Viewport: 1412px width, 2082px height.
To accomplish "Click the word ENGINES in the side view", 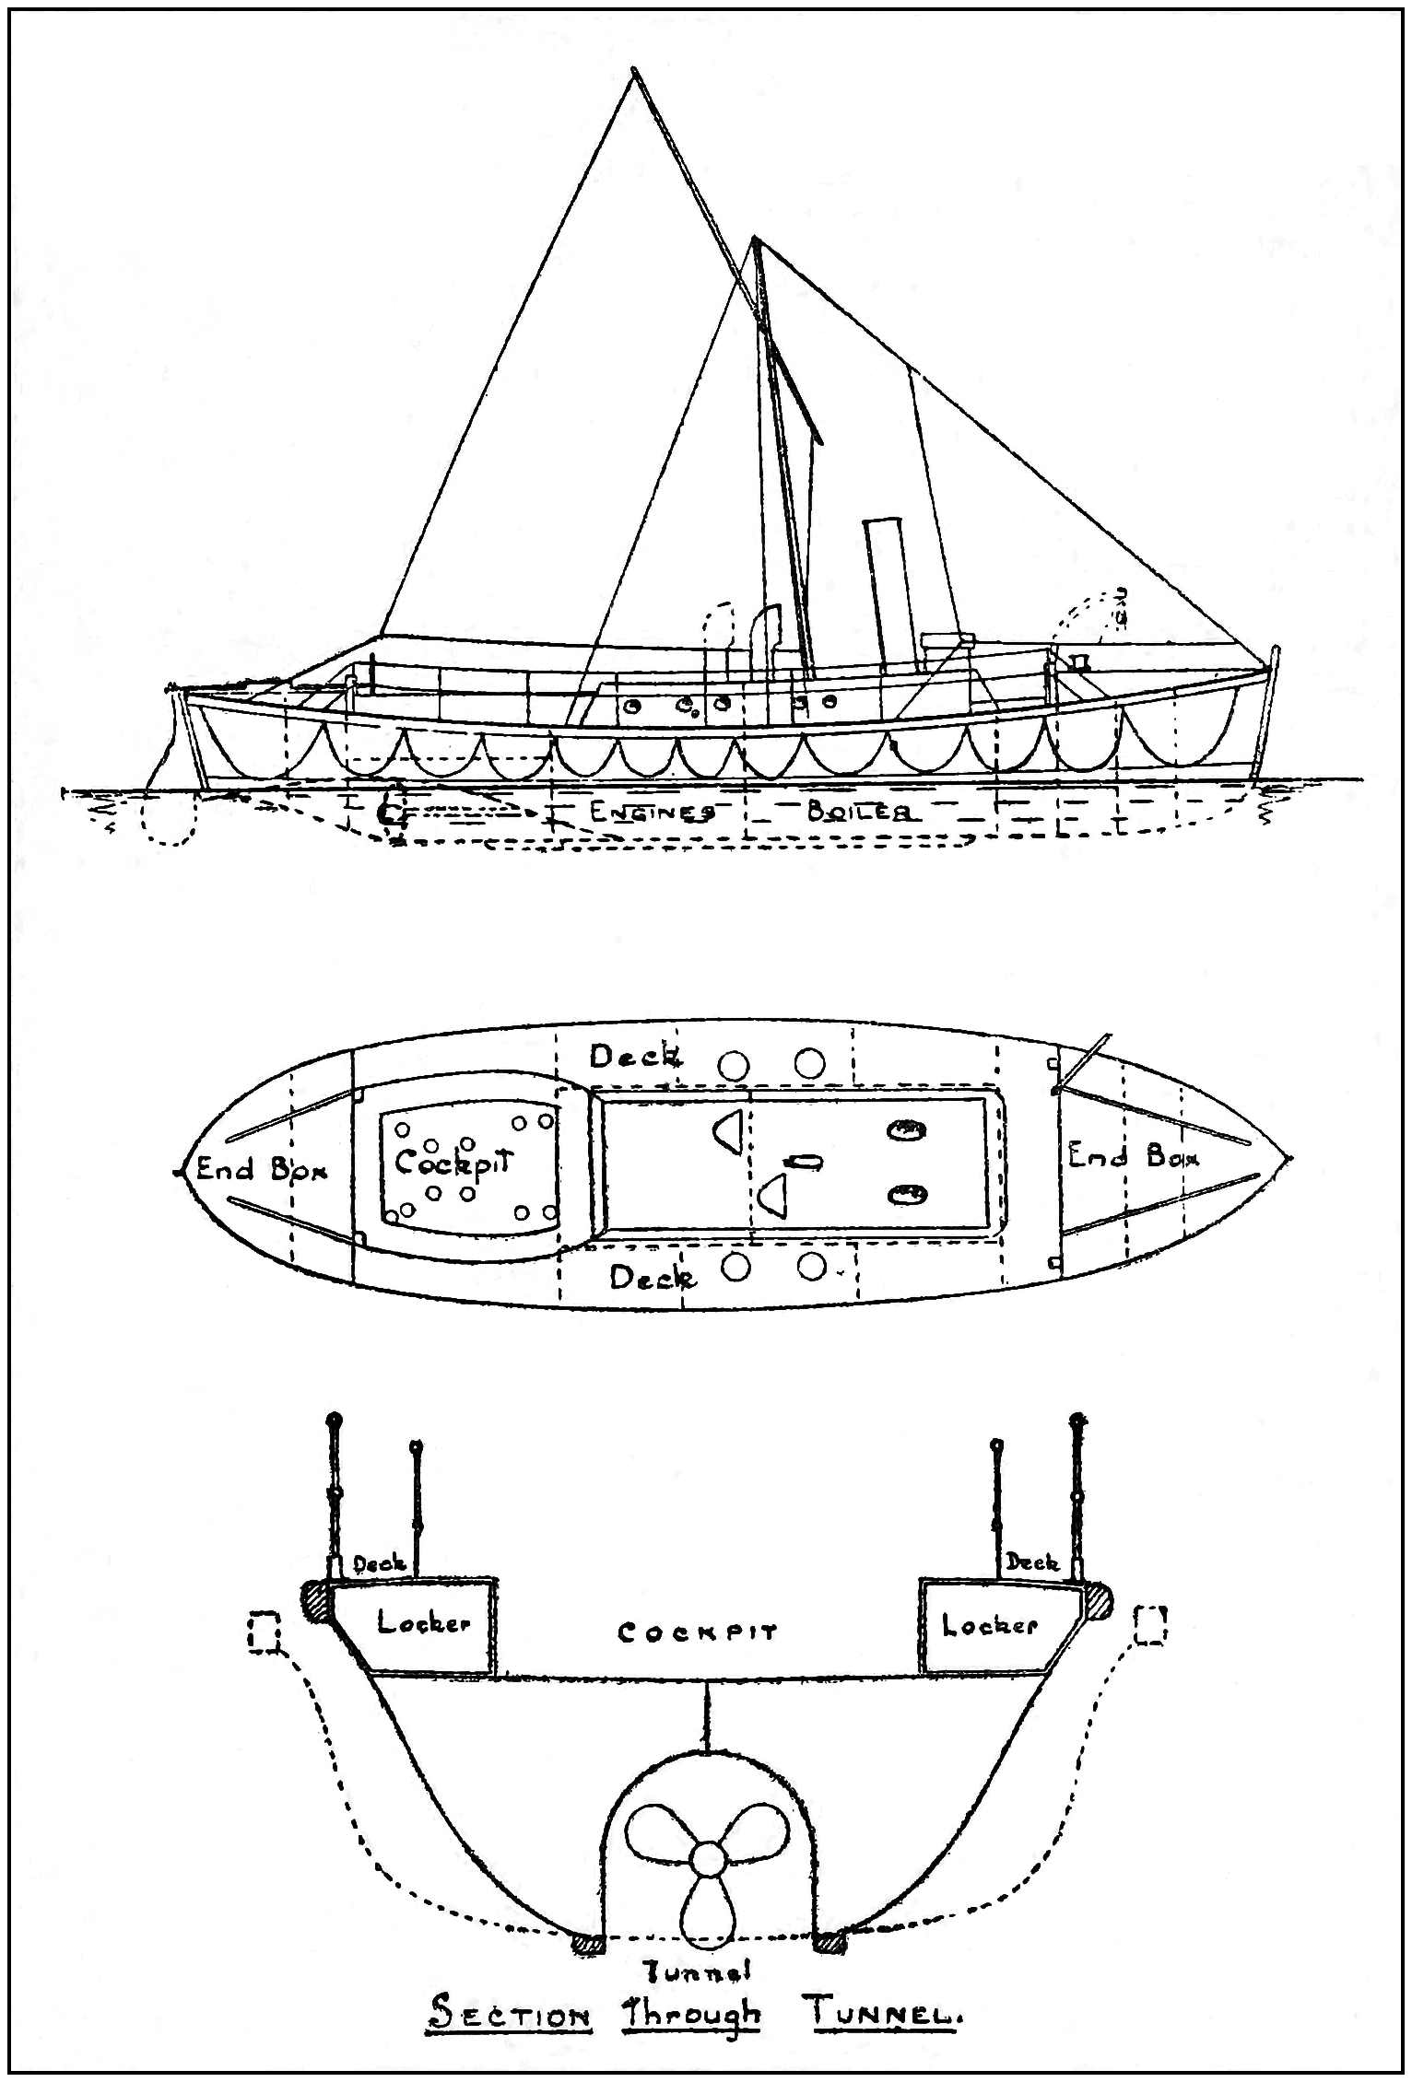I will (x=652, y=812).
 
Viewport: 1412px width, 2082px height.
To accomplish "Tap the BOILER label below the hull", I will (x=861, y=812).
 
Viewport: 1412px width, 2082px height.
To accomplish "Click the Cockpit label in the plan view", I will (x=453, y=1163).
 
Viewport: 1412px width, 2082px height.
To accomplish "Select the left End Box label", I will (x=261, y=1169).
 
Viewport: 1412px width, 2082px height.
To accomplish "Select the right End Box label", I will (x=1133, y=1155).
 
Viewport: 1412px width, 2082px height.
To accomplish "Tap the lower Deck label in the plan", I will (x=653, y=1278).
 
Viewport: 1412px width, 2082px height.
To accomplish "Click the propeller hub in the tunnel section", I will (x=707, y=1858).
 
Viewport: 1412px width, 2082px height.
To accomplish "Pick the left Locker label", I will (x=423, y=1623).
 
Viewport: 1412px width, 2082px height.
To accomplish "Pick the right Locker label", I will (x=989, y=1625).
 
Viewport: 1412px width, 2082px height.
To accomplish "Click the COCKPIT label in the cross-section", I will (x=698, y=1632).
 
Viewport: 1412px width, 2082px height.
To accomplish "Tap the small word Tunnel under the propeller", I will (x=698, y=1971).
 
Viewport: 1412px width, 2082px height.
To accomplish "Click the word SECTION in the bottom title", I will (x=510, y=2015).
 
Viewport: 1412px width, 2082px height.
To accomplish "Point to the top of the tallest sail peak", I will (x=633, y=70).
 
